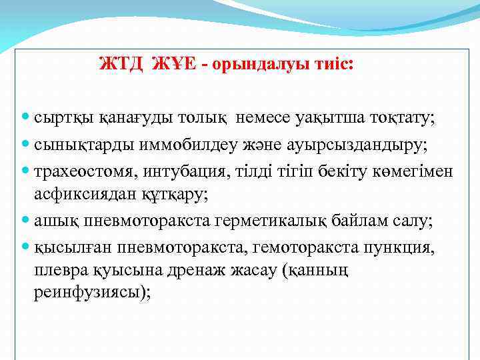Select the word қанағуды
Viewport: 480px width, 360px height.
(128, 118)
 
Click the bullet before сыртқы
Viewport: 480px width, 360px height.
(25, 118)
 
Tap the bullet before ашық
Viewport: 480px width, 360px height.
(25, 221)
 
